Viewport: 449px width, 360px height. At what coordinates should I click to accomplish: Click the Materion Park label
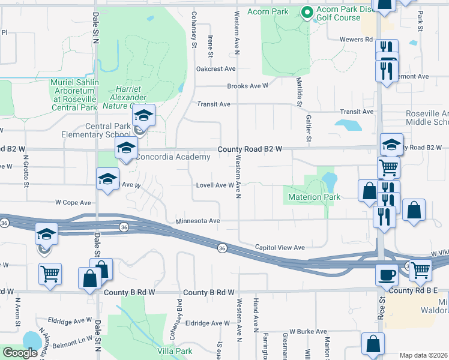click(315, 197)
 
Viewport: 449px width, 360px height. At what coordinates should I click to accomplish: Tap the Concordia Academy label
click(173, 157)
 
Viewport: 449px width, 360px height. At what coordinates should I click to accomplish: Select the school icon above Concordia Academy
click(125, 149)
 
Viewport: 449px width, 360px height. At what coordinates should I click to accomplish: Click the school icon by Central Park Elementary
click(143, 115)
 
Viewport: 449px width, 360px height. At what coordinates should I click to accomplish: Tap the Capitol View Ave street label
click(280, 247)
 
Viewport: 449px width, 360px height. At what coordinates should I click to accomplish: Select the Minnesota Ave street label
click(198, 221)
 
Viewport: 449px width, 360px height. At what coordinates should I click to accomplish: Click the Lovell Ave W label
click(215, 185)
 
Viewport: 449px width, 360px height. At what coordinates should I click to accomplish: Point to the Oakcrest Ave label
click(215, 69)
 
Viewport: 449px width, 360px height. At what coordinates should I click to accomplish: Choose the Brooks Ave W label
click(247, 86)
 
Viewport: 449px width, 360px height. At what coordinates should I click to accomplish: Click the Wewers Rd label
click(356, 40)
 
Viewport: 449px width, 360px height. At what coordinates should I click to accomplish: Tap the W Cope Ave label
click(73, 203)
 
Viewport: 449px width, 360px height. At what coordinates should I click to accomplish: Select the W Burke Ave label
click(307, 331)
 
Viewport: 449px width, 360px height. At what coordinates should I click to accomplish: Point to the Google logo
click(20, 353)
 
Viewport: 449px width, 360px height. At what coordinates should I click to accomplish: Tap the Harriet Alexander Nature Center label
click(128, 97)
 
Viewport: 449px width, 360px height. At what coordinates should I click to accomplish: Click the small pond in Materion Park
click(329, 180)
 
